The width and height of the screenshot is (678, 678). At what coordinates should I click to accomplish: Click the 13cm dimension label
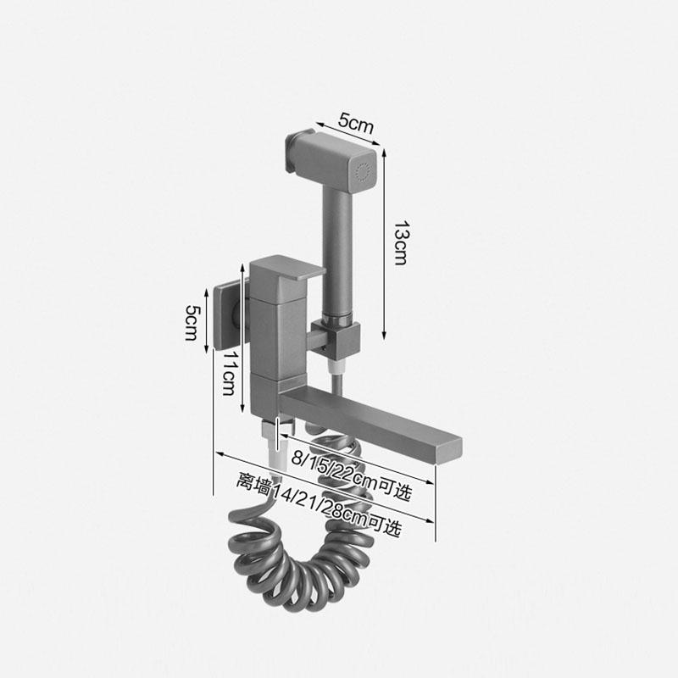click(x=401, y=242)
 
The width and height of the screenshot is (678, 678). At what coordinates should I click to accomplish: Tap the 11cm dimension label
click(x=228, y=373)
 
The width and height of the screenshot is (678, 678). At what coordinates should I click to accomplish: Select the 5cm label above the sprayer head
click(x=355, y=123)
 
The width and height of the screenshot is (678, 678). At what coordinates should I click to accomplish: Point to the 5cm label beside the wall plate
click(x=192, y=323)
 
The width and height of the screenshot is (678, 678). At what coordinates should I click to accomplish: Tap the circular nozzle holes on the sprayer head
click(x=363, y=172)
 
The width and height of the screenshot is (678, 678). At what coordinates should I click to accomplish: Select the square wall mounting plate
click(x=226, y=315)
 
